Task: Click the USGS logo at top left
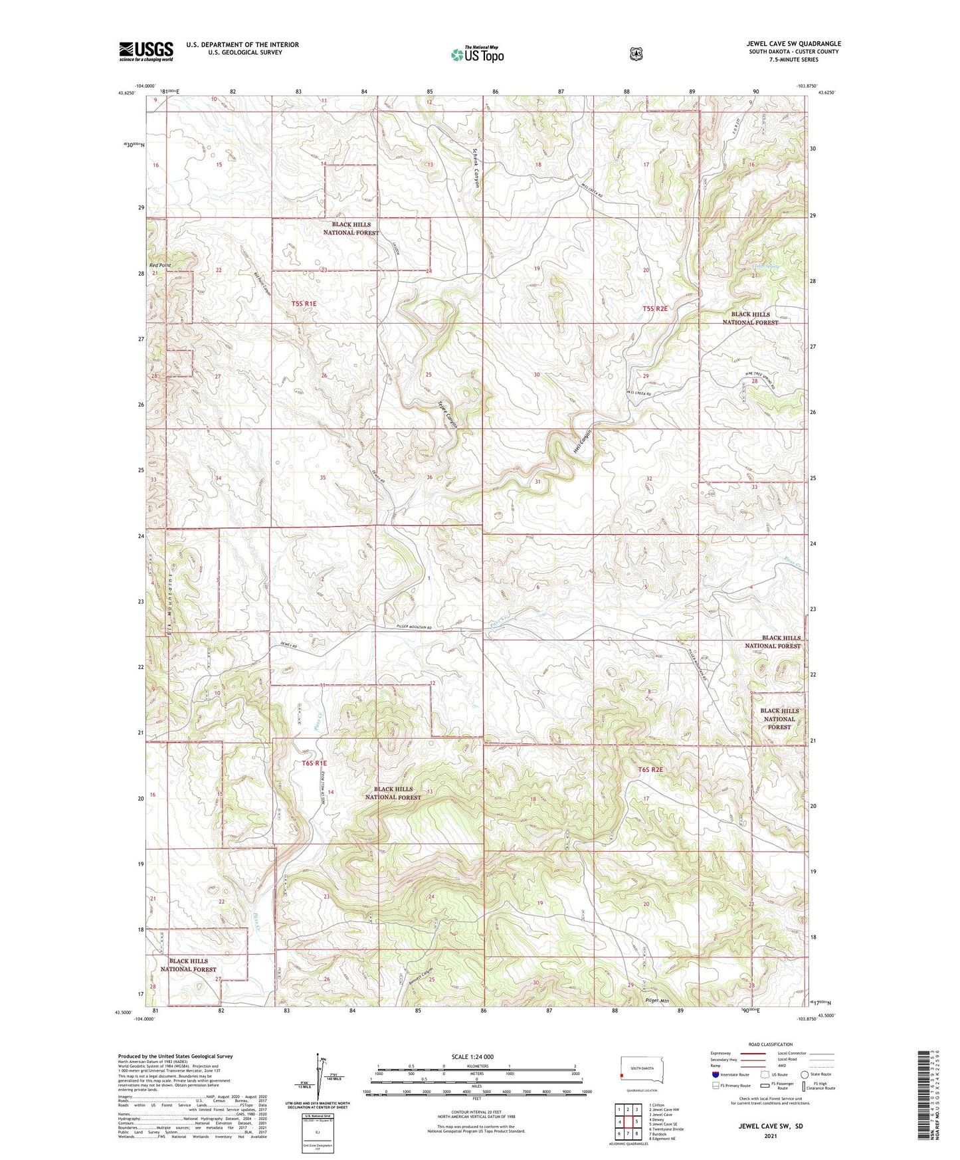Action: click(146, 51)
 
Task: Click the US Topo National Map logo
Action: click(477, 54)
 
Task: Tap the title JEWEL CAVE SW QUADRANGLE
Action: click(793, 44)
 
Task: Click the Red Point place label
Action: click(160, 265)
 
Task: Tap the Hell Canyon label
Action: click(582, 441)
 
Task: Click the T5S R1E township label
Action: click(304, 304)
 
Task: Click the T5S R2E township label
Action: click(654, 308)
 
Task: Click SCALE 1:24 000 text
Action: click(472, 1056)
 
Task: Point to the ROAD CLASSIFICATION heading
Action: click(770, 1044)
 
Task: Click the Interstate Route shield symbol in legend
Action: click(715, 1074)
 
